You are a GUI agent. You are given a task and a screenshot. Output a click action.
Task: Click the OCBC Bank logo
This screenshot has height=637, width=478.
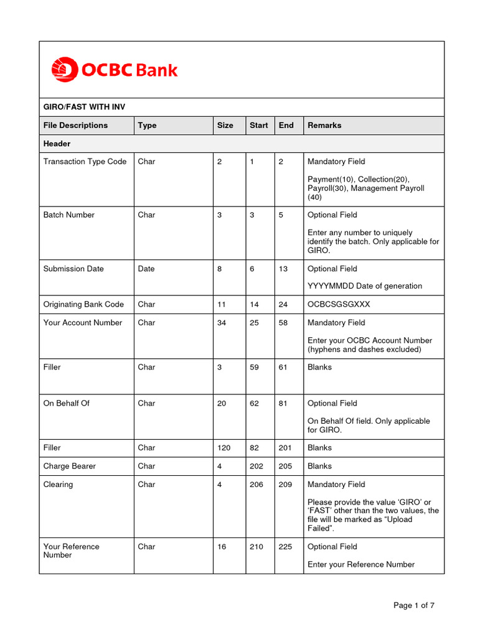coord(114,70)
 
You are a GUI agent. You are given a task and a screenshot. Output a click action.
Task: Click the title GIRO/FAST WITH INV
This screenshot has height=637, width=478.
coord(84,107)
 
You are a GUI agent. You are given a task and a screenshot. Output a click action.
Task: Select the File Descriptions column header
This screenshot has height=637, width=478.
coord(75,125)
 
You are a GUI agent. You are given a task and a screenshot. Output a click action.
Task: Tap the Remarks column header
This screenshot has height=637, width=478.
coord(324,125)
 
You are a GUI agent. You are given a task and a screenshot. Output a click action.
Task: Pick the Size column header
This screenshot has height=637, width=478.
coord(225,125)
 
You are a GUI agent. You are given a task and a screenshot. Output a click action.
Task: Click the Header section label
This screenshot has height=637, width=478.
coord(57,144)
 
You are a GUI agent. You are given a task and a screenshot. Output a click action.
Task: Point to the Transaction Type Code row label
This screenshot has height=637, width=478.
coord(85,162)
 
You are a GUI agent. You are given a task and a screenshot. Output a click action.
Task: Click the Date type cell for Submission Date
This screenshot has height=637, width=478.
coord(146,269)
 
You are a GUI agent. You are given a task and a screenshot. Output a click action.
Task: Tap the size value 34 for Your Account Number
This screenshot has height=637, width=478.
coord(222,323)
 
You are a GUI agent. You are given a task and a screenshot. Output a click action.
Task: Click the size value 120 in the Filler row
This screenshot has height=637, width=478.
coord(223,447)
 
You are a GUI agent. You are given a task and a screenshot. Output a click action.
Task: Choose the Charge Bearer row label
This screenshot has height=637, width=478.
coord(70,466)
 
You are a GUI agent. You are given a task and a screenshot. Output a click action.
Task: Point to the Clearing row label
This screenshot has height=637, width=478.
coord(58,485)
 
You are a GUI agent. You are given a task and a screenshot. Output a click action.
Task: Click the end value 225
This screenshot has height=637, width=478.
coord(285,547)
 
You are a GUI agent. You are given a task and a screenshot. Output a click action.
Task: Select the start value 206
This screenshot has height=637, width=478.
coord(256,485)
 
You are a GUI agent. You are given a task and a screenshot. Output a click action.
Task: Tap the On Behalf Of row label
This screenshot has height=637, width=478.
coord(66,403)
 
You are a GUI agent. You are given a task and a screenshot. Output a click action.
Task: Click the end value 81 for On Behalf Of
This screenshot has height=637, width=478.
coord(283,403)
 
